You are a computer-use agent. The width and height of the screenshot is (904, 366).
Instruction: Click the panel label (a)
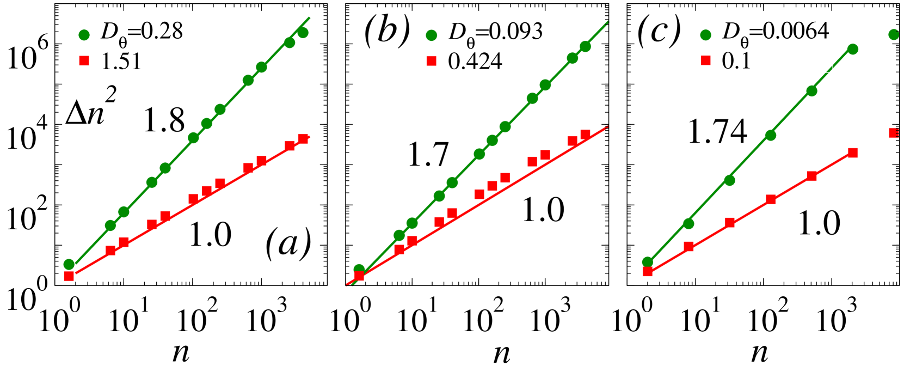point(288,245)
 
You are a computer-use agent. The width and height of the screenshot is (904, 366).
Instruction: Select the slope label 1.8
point(164,120)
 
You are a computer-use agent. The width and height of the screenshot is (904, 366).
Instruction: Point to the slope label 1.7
point(428,154)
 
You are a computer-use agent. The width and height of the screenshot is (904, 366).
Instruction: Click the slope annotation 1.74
point(717,132)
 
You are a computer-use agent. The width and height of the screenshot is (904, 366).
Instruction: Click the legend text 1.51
point(121,62)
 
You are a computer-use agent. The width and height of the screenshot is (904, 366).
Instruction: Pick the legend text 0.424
point(475,62)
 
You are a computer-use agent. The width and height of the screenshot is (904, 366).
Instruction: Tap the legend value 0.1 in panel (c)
point(736,61)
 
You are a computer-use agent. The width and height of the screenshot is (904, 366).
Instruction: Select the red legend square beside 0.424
point(432,61)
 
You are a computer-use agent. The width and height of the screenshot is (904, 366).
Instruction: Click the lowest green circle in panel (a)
point(69,264)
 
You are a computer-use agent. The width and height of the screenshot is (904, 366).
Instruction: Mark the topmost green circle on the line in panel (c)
point(853,49)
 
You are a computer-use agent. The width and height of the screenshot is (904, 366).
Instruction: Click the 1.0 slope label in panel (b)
point(543,210)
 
